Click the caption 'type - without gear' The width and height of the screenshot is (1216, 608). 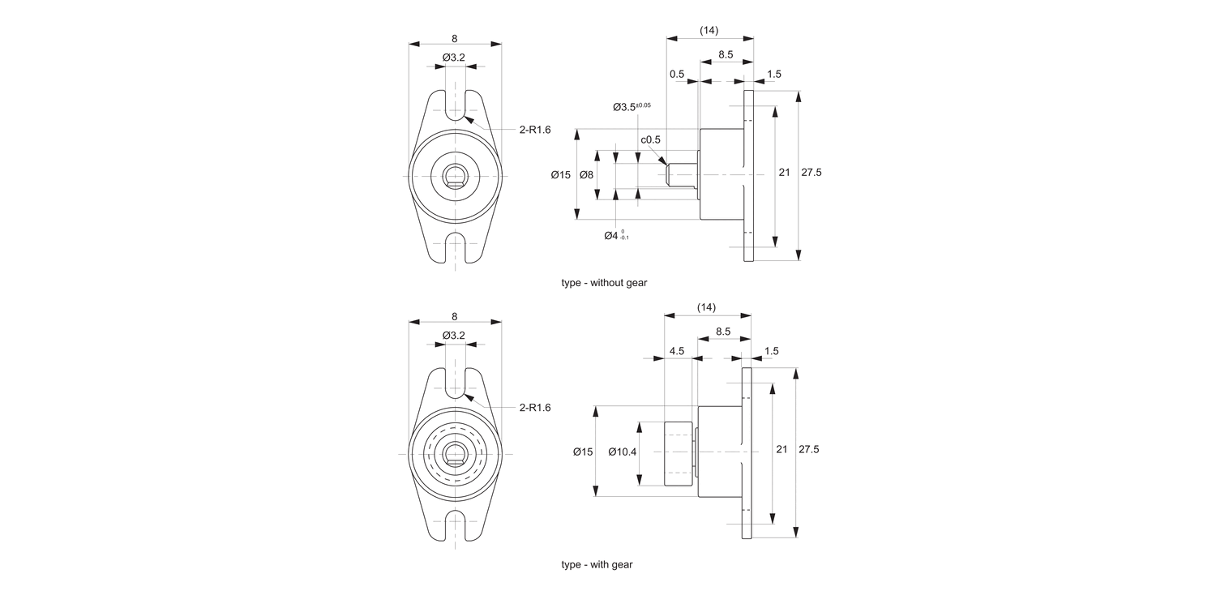click(x=604, y=283)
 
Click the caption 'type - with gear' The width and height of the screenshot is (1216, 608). click(x=597, y=564)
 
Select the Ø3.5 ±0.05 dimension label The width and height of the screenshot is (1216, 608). click(x=632, y=107)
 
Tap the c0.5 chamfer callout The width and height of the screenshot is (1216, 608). click(x=650, y=139)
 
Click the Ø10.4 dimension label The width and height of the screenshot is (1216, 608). click(x=622, y=452)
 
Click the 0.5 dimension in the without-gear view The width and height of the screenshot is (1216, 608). click(x=677, y=74)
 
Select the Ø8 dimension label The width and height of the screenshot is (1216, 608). click(x=586, y=175)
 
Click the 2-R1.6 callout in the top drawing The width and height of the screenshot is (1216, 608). click(x=535, y=130)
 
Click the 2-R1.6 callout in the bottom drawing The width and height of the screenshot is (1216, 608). click(x=535, y=408)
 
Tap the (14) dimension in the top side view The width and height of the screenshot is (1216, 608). click(x=709, y=31)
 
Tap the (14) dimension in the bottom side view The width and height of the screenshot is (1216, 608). click(x=707, y=307)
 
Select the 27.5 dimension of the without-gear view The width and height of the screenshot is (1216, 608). click(x=811, y=173)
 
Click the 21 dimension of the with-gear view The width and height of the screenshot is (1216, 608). click(x=782, y=449)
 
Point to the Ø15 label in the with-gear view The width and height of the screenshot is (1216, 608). click(x=583, y=452)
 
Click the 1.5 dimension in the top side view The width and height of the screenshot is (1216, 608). click(x=773, y=74)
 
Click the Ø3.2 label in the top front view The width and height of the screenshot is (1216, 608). click(x=454, y=58)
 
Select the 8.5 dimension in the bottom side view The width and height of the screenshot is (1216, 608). click(x=723, y=332)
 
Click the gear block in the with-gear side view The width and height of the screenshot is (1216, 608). click(x=679, y=453)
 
